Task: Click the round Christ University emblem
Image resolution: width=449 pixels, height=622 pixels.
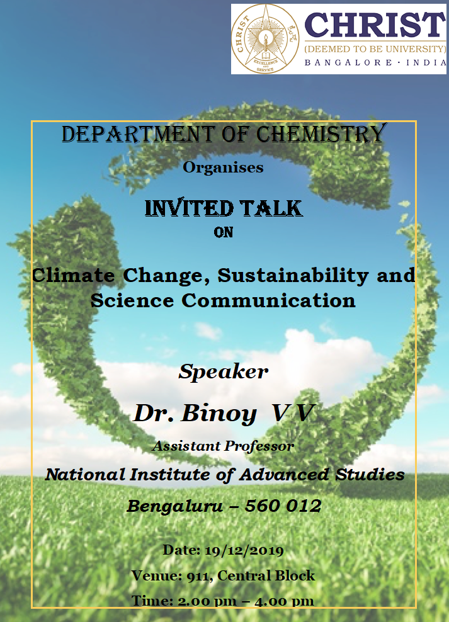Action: [265, 39]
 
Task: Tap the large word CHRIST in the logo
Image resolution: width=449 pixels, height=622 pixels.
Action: [375, 25]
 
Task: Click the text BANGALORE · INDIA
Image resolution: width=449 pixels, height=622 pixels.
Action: [375, 62]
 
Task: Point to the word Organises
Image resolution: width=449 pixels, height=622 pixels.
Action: [223, 167]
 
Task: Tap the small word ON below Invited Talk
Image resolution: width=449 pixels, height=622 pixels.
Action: [224, 232]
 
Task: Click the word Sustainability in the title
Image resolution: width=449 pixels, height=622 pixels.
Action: [293, 276]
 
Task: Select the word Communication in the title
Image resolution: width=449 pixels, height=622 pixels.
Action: [268, 300]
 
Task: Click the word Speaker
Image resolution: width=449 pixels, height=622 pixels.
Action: [224, 372]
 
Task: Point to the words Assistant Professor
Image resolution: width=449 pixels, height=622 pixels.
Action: [223, 446]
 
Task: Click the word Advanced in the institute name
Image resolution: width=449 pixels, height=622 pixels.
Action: [284, 475]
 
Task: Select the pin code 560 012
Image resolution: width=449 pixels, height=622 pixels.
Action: [283, 506]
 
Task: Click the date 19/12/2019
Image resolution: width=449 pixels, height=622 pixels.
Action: [244, 551]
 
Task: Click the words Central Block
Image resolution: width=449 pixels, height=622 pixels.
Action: [266, 575]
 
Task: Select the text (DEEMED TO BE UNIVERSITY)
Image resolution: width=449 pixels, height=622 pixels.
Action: [375, 49]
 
